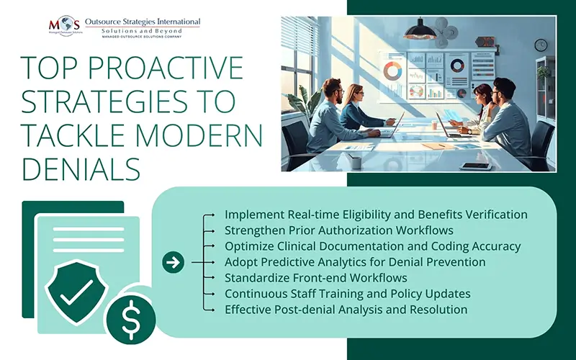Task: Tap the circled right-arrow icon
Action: coord(173,262)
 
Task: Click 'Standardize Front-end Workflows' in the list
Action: coord(316,278)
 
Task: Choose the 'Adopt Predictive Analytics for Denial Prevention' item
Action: coord(355,262)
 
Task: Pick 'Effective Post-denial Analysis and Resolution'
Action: coord(346,310)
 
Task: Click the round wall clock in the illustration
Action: coord(541,45)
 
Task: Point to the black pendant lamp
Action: coord(420,30)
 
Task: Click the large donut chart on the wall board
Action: coord(392,71)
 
